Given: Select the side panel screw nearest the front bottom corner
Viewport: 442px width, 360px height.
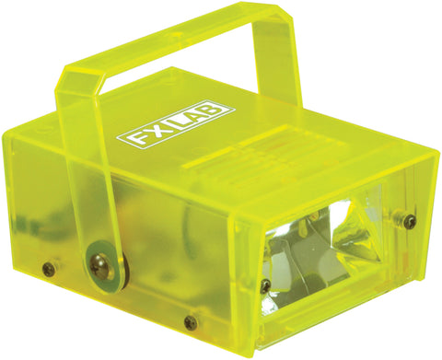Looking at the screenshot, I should (x=191, y=322).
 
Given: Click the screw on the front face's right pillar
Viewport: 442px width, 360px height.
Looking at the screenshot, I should (x=410, y=221).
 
